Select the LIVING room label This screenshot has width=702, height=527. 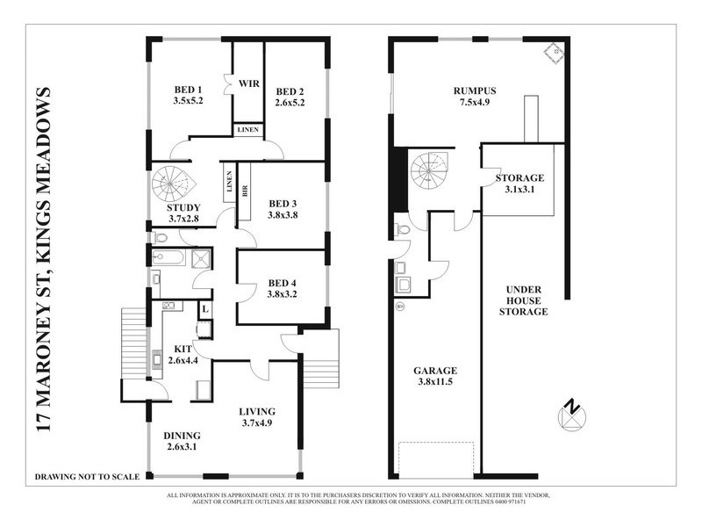[x=257, y=411]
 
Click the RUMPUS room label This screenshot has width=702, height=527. [x=475, y=90]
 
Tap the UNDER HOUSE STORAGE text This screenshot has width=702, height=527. [x=523, y=300]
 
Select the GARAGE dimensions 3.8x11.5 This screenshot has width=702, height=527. [x=436, y=383]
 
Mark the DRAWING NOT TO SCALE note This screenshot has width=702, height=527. [x=87, y=477]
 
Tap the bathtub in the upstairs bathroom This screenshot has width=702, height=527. [x=167, y=258]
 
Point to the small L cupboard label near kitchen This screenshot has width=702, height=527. [x=204, y=309]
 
